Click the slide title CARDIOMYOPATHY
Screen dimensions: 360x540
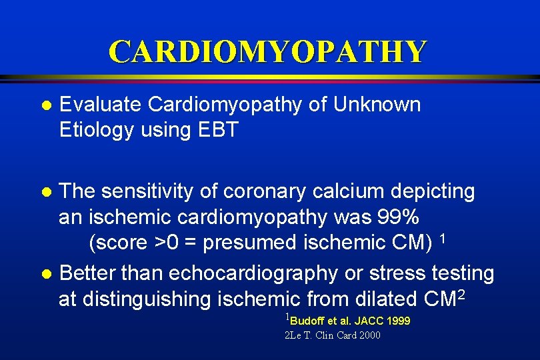click(x=267, y=51)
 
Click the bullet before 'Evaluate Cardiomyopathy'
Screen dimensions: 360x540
click(x=45, y=106)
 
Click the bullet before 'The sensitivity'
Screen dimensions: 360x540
click(x=45, y=193)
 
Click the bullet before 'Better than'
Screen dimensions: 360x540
click(x=45, y=275)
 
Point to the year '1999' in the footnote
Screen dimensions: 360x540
click(x=398, y=321)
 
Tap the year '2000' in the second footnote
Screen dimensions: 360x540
click(x=369, y=335)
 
